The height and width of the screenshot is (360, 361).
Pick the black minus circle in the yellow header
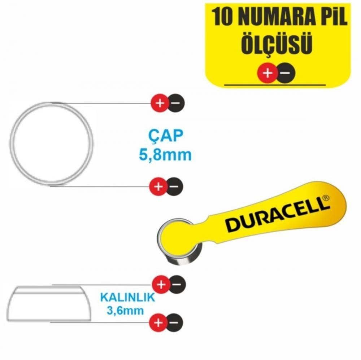285,73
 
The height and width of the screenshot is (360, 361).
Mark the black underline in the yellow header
275,85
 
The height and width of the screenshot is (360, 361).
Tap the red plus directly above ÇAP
159,104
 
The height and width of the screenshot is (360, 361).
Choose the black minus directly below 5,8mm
174,186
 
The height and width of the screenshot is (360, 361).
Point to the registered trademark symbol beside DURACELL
326,198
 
